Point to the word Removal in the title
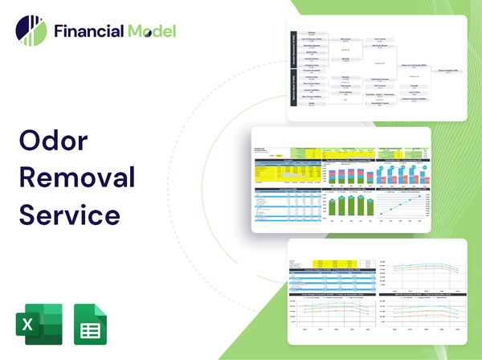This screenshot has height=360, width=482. [77, 178]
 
